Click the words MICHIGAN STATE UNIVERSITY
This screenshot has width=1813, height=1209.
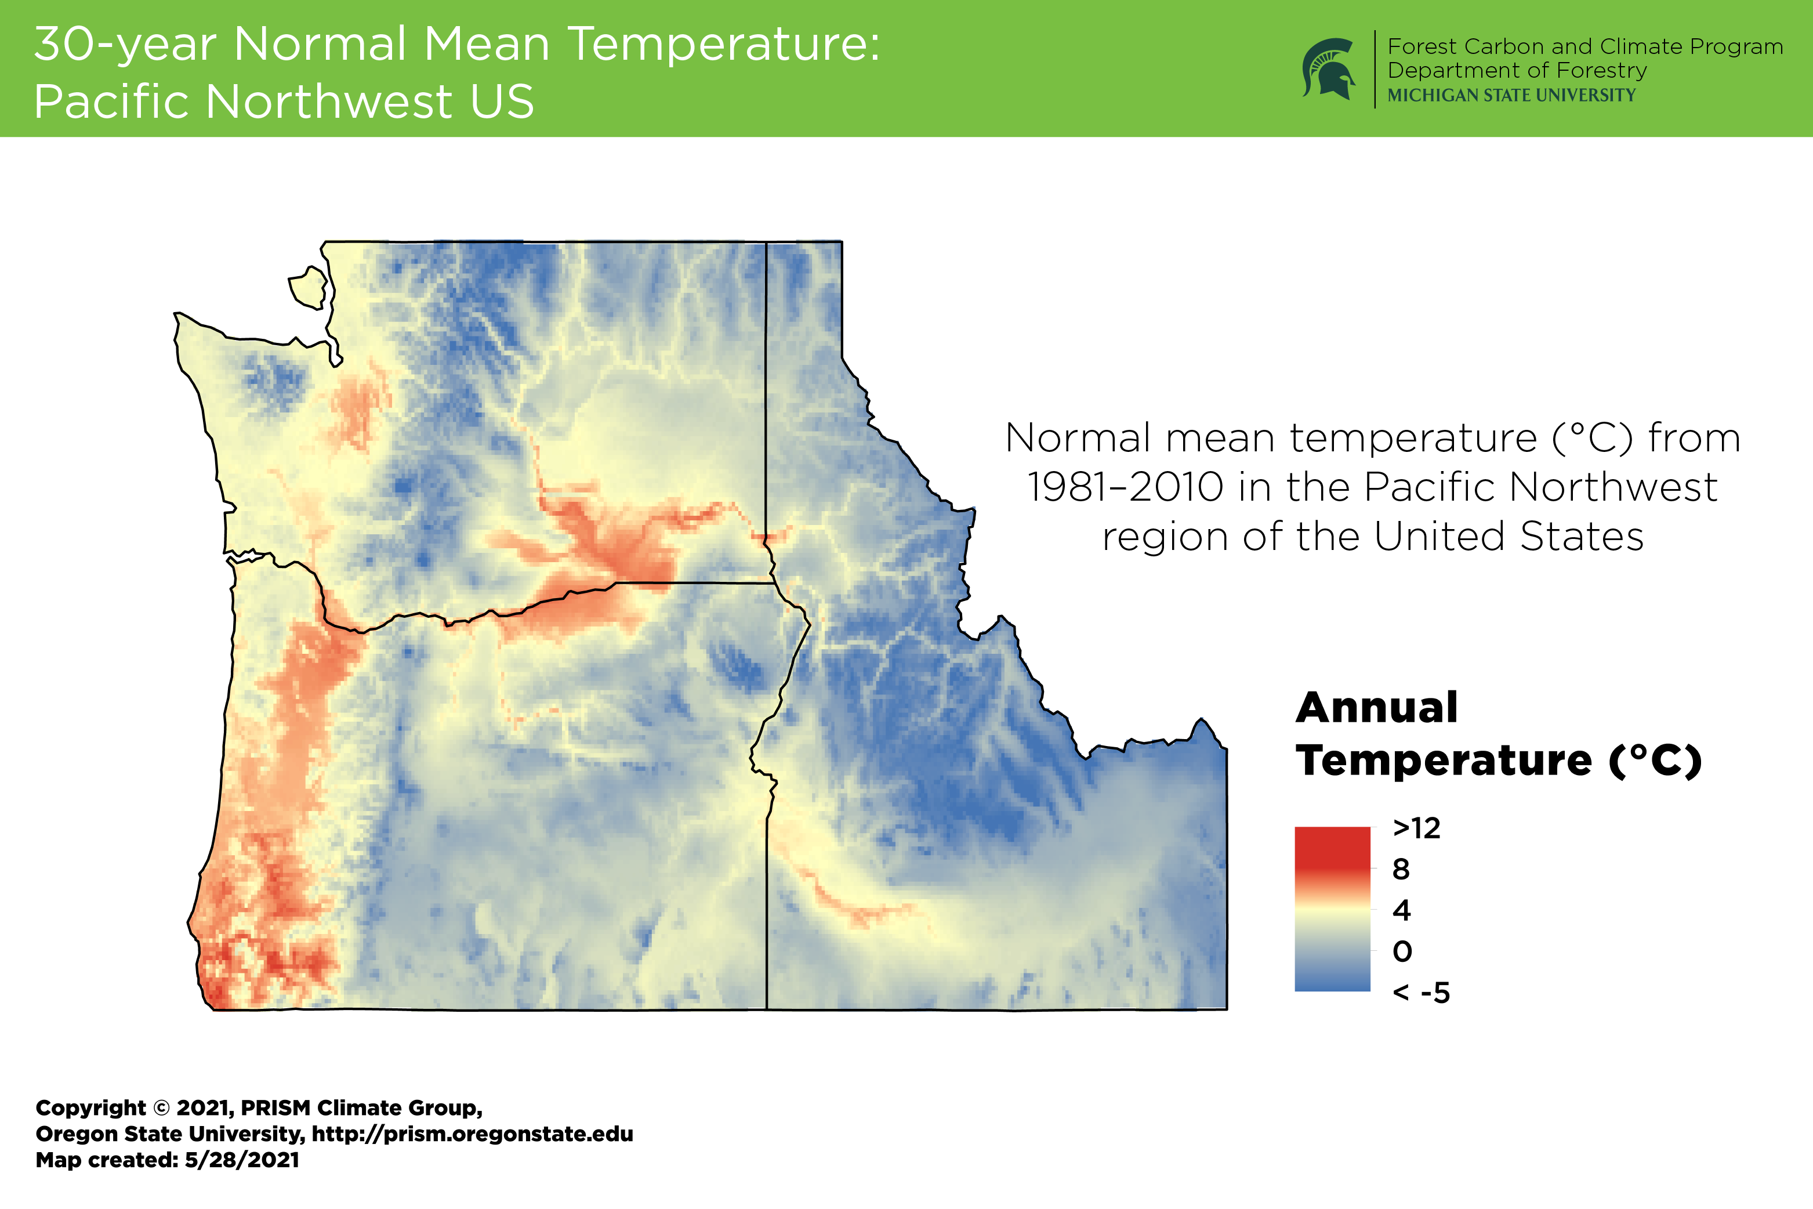(1511, 95)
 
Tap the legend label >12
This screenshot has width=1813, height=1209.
(1416, 828)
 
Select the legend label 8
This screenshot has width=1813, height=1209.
(1401, 869)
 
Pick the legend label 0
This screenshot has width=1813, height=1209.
(1402, 951)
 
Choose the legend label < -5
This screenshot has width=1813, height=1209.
(1420, 993)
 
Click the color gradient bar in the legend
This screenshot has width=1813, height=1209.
(1332, 909)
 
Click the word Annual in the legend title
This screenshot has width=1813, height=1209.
(1377, 708)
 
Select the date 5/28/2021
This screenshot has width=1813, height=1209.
(242, 1160)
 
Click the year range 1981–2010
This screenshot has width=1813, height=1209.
(1125, 487)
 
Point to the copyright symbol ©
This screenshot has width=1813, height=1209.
(161, 1108)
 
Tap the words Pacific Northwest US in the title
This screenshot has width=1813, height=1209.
(284, 102)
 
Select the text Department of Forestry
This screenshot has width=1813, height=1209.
(1517, 70)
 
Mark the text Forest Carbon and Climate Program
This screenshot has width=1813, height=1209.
(1585, 46)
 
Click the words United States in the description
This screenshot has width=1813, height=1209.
(1509, 537)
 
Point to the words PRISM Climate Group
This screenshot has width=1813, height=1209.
(361, 1108)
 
